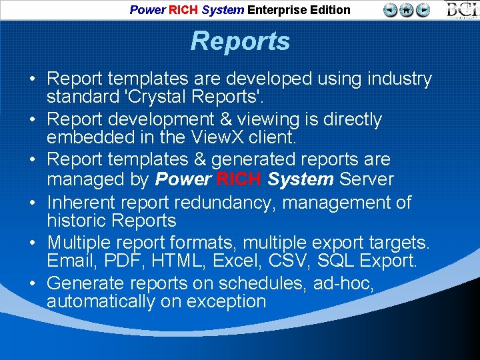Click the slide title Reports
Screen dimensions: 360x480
click(x=240, y=41)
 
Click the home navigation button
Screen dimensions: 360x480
click(x=407, y=10)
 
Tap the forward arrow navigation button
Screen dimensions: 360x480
click(x=423, y=10)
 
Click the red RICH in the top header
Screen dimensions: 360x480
click(x=183, y=10)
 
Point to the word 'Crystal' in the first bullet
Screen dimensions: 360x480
click(x=157, y=98)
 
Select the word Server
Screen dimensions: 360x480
click(x=367, y=179)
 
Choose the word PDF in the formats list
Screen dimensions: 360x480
click(x=120, y=261)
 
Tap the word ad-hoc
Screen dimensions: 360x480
click(x=343, y=283)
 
